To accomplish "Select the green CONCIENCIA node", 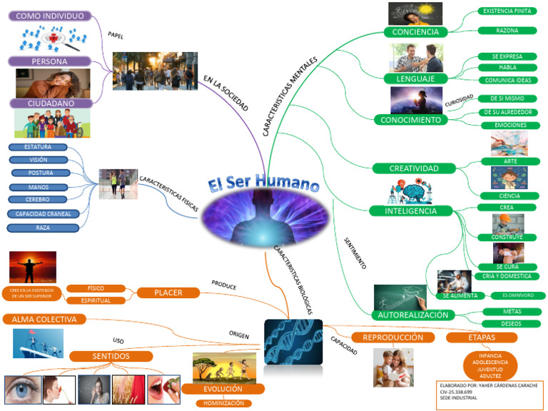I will [x=415, y=31].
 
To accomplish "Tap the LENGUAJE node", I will [x=415, y=77].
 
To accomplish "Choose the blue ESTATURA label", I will [x=37, y=147].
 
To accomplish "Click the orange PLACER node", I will [x=168, y=292].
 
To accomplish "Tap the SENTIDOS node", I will [x=111, y=356].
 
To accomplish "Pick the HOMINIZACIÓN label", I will [x=223, y=403].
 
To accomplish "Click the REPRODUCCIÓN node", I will [x=392, y=337].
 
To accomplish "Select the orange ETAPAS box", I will [x=472, y=337].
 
